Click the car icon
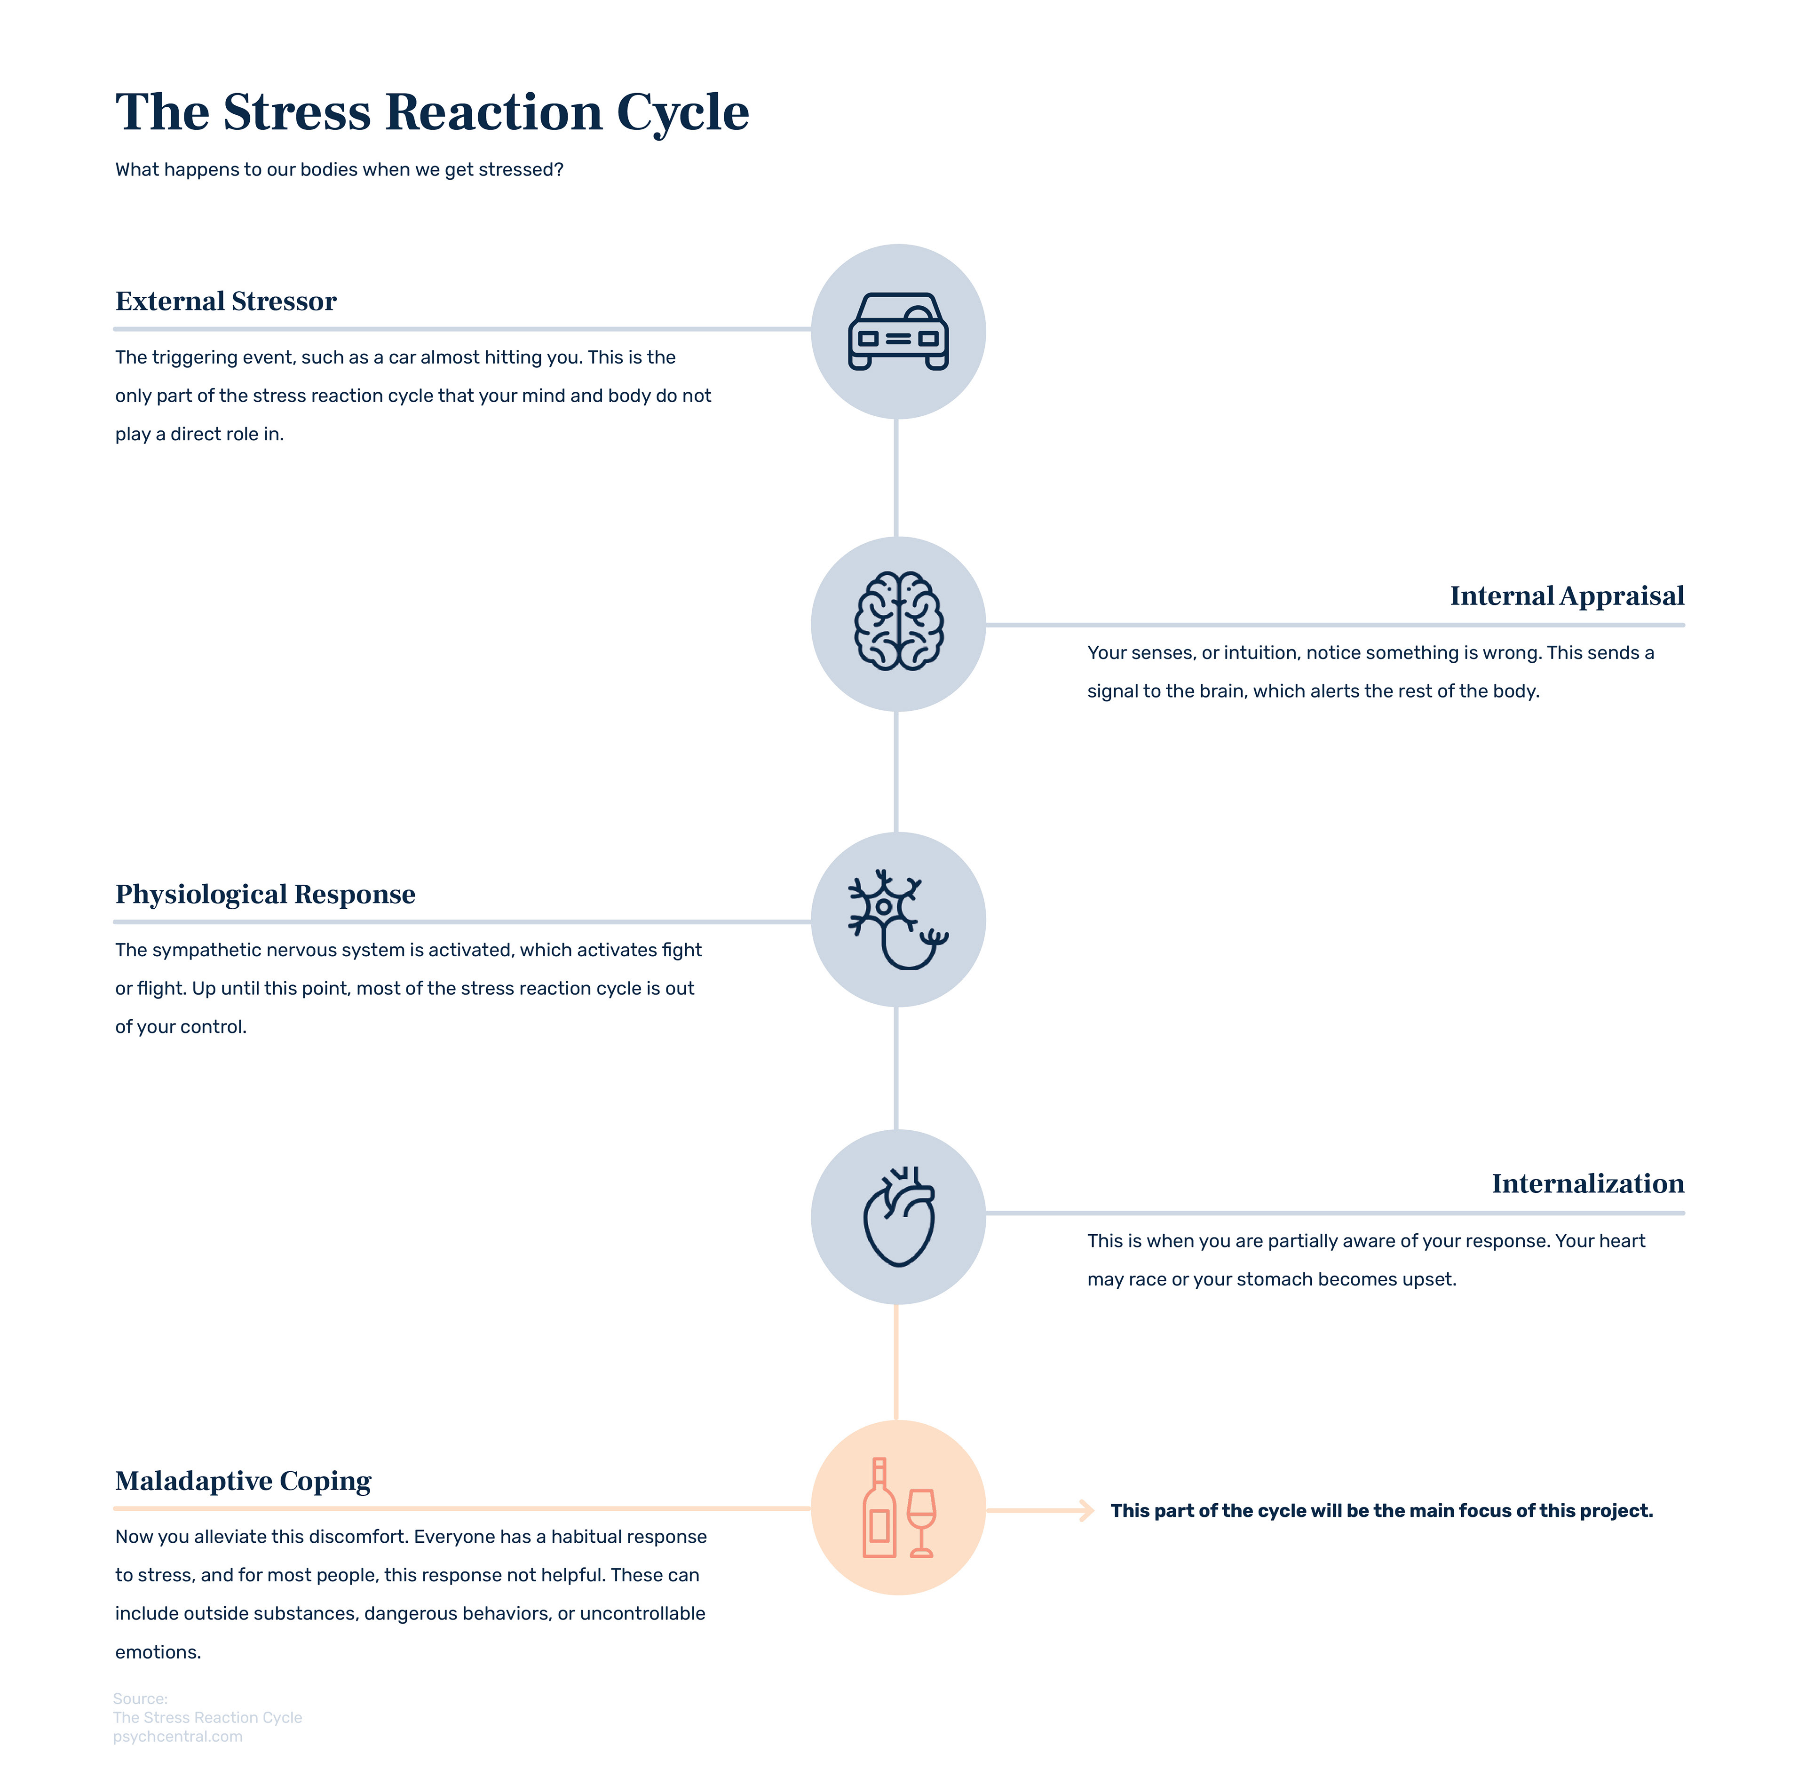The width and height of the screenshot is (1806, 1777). click(898, 331)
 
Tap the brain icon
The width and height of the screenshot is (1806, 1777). click(898, 621)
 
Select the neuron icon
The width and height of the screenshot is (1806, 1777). click(896, 919)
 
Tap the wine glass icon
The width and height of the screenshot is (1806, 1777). click(921, 1521)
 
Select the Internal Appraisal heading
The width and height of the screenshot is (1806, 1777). click(1566, 595)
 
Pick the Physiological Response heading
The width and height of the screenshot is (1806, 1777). click(265, 894)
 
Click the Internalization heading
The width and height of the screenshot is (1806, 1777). click(1587, 1183)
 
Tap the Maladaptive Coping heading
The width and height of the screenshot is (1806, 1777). click(243, 1481)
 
